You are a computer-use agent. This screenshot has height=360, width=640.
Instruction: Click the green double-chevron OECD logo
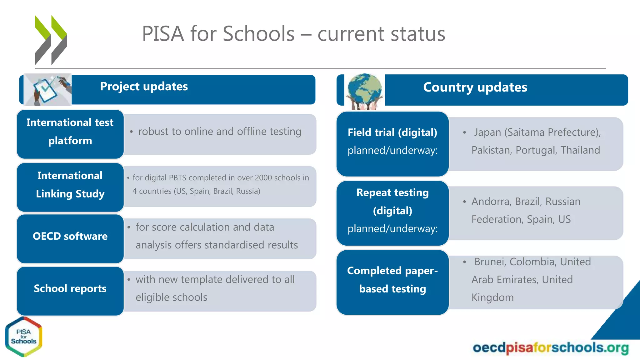tap(51, 40)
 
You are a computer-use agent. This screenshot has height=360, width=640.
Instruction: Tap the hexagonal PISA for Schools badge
tap(24, 337)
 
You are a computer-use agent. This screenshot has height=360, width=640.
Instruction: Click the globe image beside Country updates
tap(365, 91)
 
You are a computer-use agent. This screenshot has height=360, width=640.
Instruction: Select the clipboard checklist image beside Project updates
tap(48, 90)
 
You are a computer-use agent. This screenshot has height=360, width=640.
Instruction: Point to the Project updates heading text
tap(144, 87)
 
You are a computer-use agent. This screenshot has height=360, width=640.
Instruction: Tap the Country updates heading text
tap(475, 87)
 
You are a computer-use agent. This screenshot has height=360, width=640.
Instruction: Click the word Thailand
tap(580, 150)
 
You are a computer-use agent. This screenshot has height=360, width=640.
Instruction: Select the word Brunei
tap(489, 262)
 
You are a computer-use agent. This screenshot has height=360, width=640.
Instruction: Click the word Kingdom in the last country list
tap(492, 297)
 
